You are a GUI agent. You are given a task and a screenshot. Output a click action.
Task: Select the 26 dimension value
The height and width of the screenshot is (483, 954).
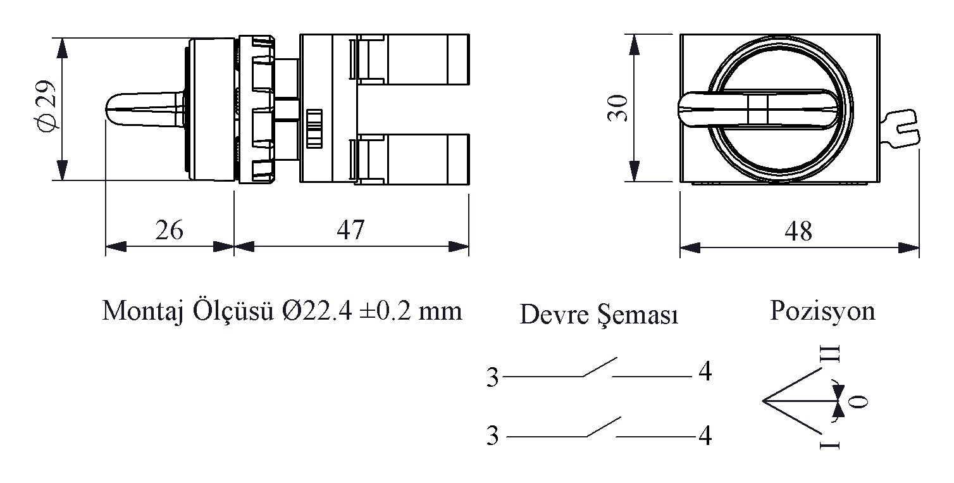point(169,230)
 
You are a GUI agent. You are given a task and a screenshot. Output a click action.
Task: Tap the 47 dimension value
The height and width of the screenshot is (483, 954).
point(350,230)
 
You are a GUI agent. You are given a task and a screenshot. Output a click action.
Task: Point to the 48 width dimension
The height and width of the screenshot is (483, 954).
point(798,232)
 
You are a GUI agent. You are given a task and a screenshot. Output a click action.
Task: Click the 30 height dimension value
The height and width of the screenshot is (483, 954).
point(618,108)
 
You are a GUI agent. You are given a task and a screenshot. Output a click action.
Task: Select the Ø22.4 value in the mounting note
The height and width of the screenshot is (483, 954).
point(318,311)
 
